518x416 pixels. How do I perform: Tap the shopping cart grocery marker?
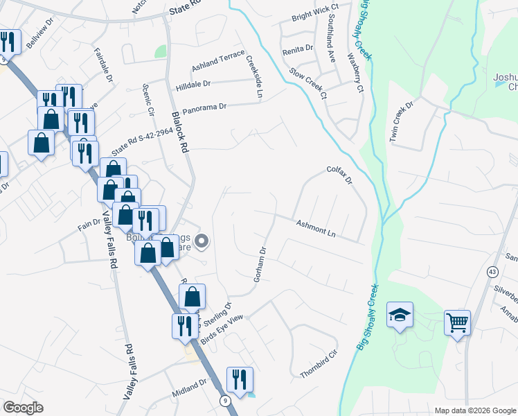pos(458,322)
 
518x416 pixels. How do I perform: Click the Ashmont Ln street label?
pos(316,229)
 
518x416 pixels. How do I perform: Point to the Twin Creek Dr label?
pos(401,122)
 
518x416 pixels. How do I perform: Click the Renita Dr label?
pos(298,51)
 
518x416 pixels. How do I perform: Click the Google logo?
pos(23,408)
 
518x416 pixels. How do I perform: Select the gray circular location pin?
pos(202,241)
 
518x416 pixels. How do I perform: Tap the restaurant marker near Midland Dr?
pos(240,379)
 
